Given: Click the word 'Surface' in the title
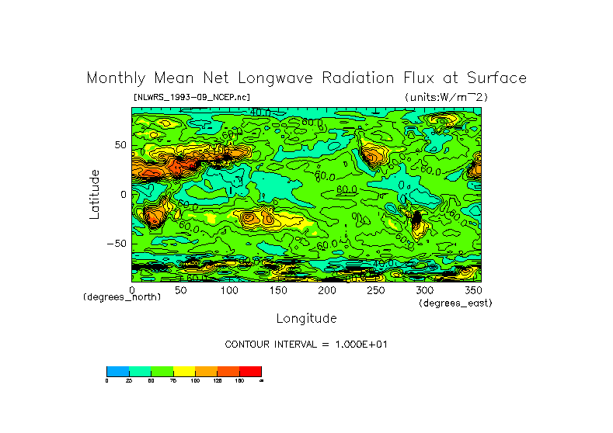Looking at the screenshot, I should point(493,78).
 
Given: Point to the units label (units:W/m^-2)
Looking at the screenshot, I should point(446,97).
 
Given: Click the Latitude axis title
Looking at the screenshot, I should point(95,194).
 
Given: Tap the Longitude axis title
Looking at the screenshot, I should point(306,318).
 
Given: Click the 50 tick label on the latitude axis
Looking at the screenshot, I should point(120,145).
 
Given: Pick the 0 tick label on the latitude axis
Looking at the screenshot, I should point(123,194).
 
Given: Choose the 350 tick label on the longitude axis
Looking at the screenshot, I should point(472,290).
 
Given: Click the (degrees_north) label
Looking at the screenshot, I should point(122,297).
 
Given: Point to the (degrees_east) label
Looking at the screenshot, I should point(455,303).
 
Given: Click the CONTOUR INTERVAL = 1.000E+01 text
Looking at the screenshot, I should point(306,344).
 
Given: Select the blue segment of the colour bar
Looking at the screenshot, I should point(117,372).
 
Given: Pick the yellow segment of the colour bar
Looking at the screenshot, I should point(183,372).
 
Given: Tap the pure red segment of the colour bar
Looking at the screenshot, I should point(250,372).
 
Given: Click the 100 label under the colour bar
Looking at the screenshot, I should point(194,381).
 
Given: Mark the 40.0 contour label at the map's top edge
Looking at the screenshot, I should point(259,112).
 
